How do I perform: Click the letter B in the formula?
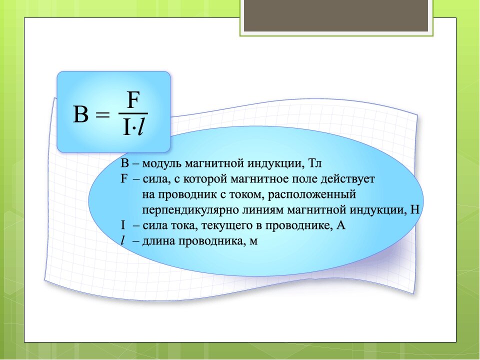tap(81, 114)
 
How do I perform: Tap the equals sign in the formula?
tap(102, 115)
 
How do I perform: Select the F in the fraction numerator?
tap(133, 100)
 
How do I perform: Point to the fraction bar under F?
tap(133, 113)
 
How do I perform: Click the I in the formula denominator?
tap(126, 127)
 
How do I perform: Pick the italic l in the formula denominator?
tap(141, 126)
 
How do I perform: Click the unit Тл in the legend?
tap(315, 163)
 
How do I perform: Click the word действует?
tap(348, 179)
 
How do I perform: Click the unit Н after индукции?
tap(414, 209)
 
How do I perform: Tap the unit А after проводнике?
tap(340, 225)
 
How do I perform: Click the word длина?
tap(158, 241)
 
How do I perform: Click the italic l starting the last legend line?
tap(123, 240)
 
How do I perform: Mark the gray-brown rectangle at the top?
tap(336, 15)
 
